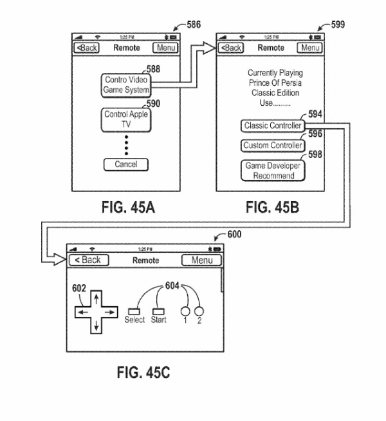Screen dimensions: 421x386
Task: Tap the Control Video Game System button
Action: click(126, 85)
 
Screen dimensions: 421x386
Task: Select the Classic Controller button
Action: click(271, 126)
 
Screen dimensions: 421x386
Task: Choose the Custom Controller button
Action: click(271, 146)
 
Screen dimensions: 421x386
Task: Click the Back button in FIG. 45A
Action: click(86, 48)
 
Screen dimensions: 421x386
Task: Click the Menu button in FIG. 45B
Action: click(310, 48)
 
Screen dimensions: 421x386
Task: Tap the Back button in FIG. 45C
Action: click(89, 260)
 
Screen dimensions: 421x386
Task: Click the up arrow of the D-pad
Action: click(95, 297)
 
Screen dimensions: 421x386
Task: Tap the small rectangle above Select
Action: click(134, 309)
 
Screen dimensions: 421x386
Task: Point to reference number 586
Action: click(193, 25)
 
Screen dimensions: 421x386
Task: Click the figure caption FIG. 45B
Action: click(273, 208)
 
